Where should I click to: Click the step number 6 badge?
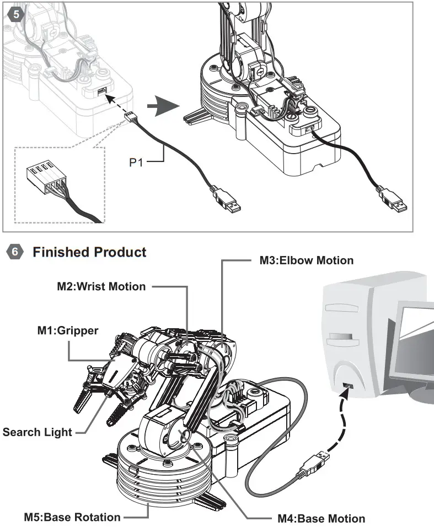15,252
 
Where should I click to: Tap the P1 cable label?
140,162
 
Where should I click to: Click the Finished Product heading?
89,252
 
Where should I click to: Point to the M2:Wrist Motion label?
101,286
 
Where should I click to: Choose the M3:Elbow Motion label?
307,260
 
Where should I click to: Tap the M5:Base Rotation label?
72,517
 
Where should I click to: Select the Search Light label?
37,432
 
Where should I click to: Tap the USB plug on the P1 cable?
226,202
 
